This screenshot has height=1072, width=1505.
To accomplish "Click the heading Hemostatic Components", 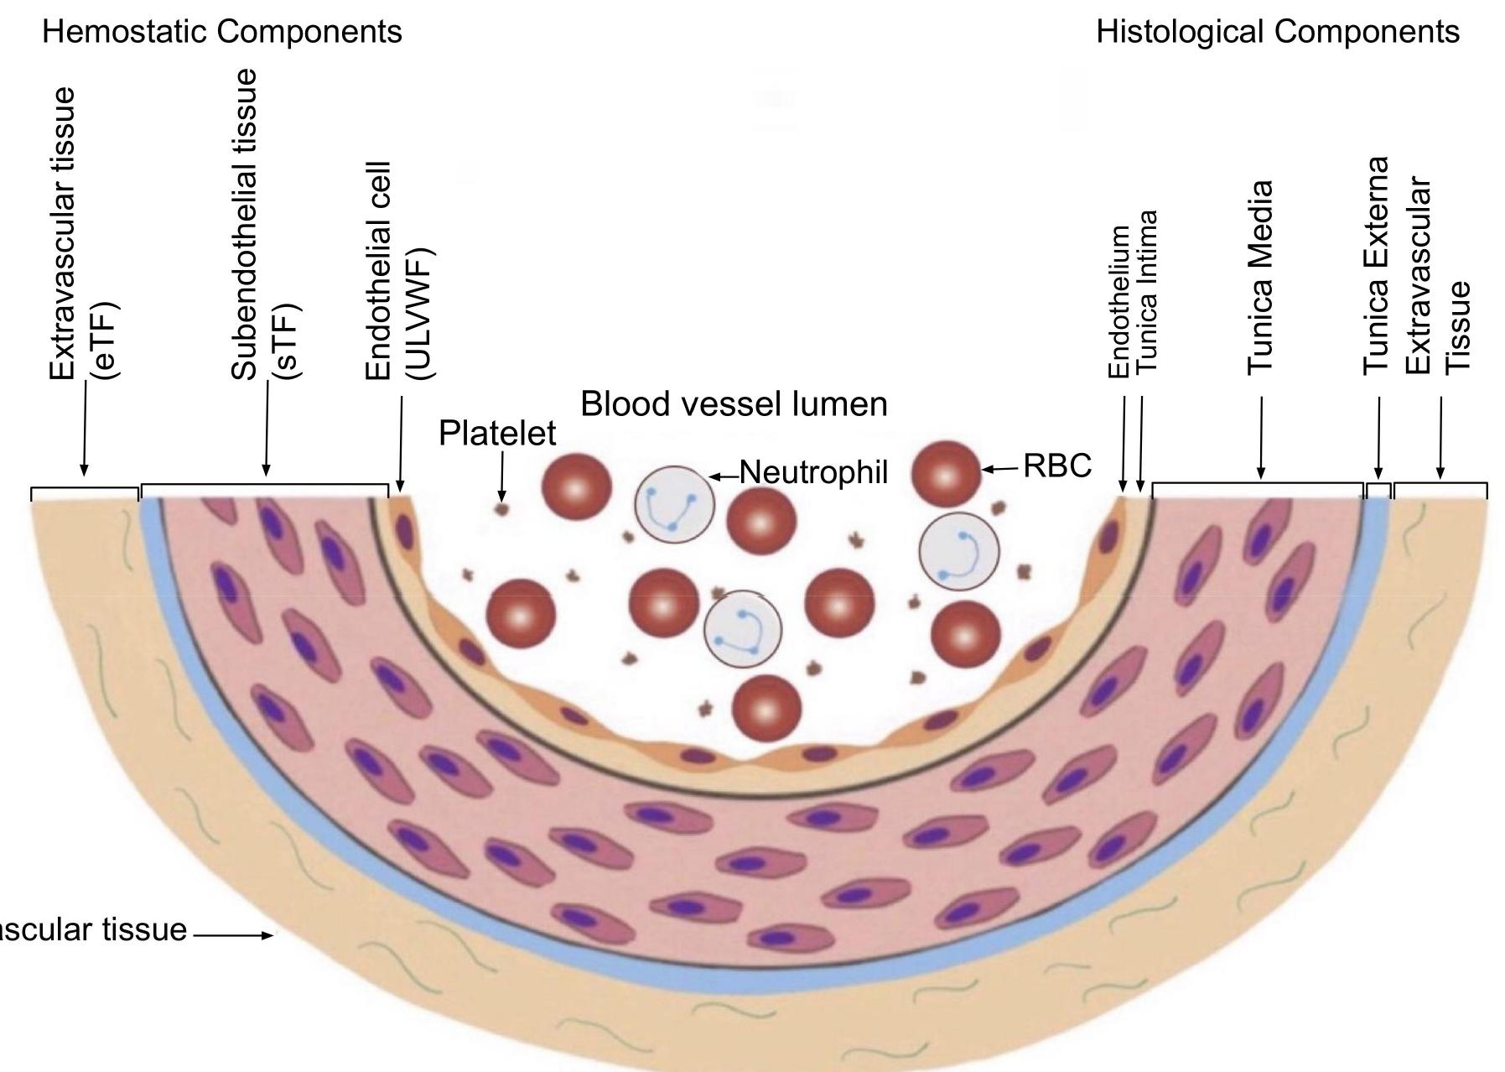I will point(221,32).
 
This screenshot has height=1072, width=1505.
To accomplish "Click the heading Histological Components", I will point(1277,32).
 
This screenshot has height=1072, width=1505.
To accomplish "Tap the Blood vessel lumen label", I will point(734,404).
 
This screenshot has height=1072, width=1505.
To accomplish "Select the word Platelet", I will point(497,434).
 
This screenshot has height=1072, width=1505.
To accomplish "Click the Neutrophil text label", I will point(812,472).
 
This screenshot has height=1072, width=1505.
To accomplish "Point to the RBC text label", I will point(1057,466).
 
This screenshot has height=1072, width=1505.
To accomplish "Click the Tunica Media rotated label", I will point(1260,277).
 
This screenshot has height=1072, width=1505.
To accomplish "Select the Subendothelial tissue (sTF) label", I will point(263,226).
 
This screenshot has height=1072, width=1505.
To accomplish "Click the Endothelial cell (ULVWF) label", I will point(397,272).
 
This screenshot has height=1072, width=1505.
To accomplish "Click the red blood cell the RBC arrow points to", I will point(945,474).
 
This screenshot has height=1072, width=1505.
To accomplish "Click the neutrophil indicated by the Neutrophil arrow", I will point(674,504).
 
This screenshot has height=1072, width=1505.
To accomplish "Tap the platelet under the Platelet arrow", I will point(502,508).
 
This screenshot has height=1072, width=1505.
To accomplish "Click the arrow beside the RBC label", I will point(1000,469).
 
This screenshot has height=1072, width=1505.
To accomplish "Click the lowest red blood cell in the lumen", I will point(766,708).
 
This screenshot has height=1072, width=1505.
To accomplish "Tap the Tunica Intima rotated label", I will point(1147,292).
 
